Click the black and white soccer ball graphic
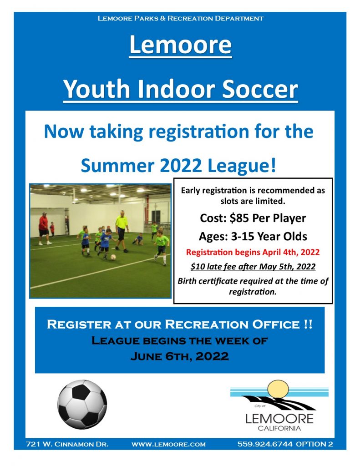[82, 404]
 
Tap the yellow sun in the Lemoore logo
[278, 390]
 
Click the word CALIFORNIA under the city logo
[279, 428]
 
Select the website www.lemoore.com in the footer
[168, 444]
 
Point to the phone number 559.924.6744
[265, 444]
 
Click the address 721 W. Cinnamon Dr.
[67, 444]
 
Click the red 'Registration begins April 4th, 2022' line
[253, 252]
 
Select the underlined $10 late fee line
[253, 266]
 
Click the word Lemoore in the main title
[180, 45]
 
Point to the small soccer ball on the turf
[113, 257]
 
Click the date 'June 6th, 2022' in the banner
[180, 356]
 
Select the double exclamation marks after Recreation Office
[308, 324]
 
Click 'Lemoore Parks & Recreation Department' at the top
[180, 18]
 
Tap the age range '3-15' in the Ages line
[243, 237]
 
